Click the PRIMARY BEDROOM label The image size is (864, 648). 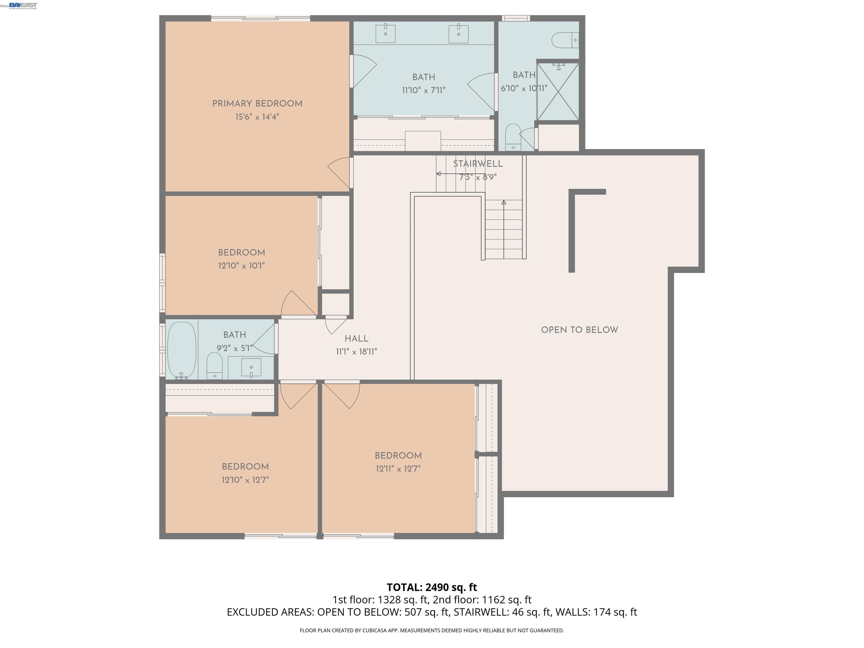click(257, 104)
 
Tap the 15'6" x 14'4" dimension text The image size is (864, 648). click(257, 117)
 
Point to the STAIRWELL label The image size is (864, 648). click(478, 164)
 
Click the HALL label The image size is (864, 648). click(356, 339)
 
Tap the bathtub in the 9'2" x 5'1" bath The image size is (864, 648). click(182, 350)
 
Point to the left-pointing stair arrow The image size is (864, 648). click(439, 174)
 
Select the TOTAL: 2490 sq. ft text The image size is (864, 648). click(432, 588)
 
